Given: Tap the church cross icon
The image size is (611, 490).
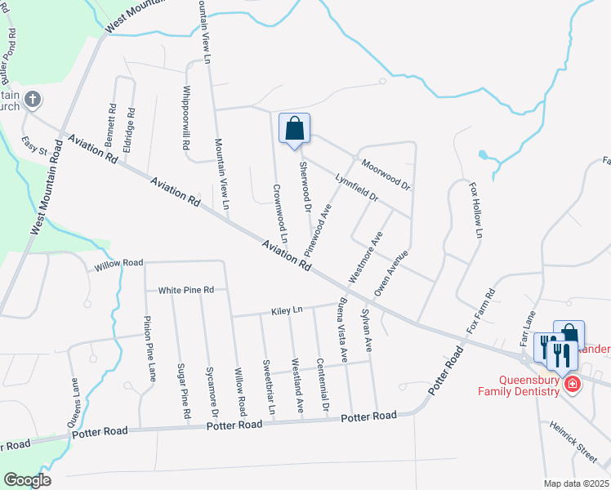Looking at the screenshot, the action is [x=32, y=100].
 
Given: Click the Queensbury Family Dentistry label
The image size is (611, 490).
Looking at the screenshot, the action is [x=520, y=385].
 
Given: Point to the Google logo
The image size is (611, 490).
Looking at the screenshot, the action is [x=27, y=480].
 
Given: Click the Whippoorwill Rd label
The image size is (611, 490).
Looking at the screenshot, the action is [x=186, y=118].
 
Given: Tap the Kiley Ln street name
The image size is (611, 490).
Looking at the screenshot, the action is [x=287, y=310].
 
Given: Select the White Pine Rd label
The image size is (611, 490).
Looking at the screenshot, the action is [x=185, y=290].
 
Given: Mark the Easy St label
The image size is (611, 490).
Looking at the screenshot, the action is [x=34, y=145].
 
